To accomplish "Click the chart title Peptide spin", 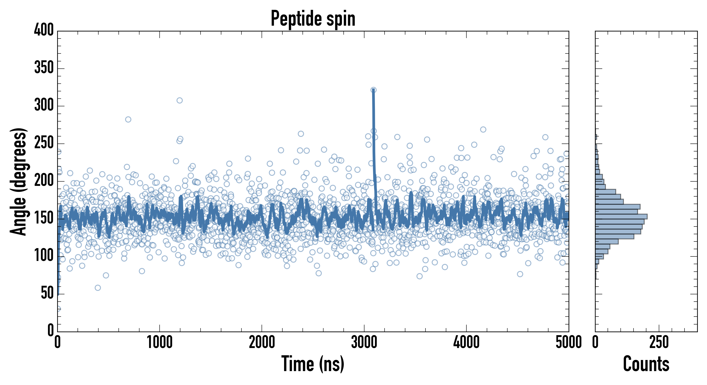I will (x=313, y=19).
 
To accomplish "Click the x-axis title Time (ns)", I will (x=313, y=364).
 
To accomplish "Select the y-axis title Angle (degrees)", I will (x=18, y=181).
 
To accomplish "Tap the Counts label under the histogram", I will (x=646, y=364).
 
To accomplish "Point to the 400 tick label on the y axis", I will (x=44, y=30).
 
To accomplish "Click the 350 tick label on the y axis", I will (x=44, y=68).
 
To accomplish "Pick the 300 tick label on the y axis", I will (x=44, y=105).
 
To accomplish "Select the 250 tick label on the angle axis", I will (x=44, y=143).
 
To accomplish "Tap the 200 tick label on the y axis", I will (x=44, y=181).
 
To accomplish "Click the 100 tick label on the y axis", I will (x=44, y=256).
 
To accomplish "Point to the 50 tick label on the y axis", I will (x=47, y=293).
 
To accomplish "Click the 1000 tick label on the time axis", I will (x=160, y=342).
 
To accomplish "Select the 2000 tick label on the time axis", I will (x=262, y=342).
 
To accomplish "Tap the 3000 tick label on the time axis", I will (x=364, y=342).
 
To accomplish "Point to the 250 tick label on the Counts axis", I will (x=659, y=342).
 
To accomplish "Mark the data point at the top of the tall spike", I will (x=373, y=90).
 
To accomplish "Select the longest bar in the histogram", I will (x=621, y=216).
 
